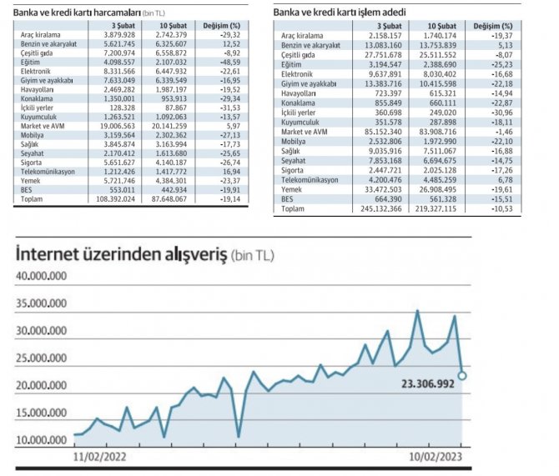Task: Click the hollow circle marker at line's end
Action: tap(463, 375)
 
